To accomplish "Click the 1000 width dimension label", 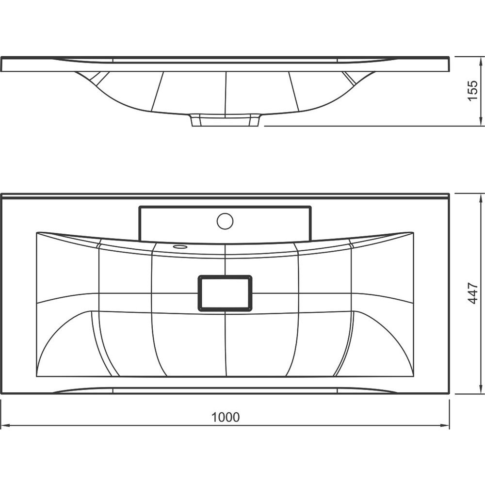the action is pos(225,417).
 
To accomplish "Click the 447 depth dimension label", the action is pos(473,293).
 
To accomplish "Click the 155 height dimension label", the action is pos(473,90).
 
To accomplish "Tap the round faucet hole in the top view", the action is pos(225,221).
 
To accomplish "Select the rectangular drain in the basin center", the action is pos(225,293).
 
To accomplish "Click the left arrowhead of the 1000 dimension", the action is pos(5,426).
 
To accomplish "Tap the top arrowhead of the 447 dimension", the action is pos(481,198).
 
